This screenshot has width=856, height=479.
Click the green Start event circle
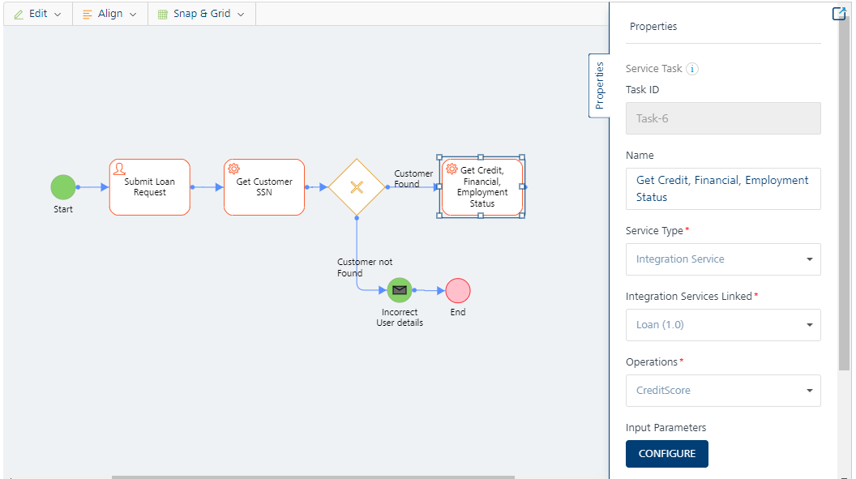[x=63, y=187]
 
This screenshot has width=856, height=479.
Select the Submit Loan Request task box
[x=150, y=187]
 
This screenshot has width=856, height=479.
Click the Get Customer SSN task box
[x=264, y=187]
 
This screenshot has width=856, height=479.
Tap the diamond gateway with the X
[x=357, y=187]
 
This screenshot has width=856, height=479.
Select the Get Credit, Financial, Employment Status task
[x=481, y=186]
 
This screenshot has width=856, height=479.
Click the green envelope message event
[x=400, y=290]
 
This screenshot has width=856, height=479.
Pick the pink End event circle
[x=458, y=291]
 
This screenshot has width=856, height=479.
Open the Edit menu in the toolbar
[x=37, y=14]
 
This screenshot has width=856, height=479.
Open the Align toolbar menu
[x=109, y=14]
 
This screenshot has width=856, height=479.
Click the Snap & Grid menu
[x=202, y=14]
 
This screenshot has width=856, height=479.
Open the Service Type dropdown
[x=723, y=259]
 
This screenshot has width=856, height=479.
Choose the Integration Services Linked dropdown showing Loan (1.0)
[x=723, y=325]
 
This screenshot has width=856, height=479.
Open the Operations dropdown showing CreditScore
[x=723, y=390]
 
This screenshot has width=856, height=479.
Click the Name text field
[x=723, y=189]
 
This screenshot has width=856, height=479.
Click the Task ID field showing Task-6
[x=723, y=118]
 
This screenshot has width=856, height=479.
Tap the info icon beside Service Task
[x=692, y=69]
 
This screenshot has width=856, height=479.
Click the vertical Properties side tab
[x=599, y=86]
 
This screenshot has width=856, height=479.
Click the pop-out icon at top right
[x=838, y=14]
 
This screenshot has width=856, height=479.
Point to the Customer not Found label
[x=365, y=267]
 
